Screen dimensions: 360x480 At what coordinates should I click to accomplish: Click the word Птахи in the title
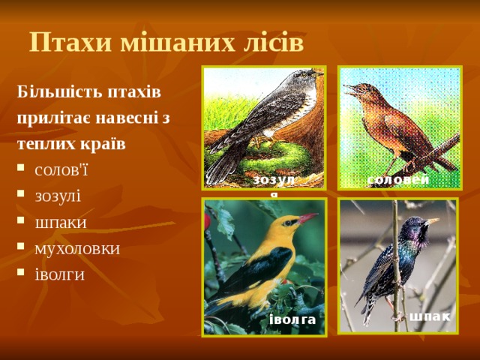(61, 42)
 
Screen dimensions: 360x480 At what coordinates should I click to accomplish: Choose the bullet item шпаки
(61, 222)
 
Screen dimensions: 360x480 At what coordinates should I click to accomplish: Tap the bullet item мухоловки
(77, 247)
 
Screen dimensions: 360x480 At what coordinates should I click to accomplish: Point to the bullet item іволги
(59, 274)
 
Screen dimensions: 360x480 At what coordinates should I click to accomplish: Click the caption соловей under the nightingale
(398, 179)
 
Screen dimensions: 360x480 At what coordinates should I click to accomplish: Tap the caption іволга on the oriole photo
(292, 321)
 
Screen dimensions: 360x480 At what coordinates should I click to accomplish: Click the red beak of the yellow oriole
(308, 218)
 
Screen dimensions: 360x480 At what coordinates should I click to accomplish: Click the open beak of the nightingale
(349, 90)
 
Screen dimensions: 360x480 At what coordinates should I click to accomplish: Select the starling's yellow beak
(432, 221)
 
